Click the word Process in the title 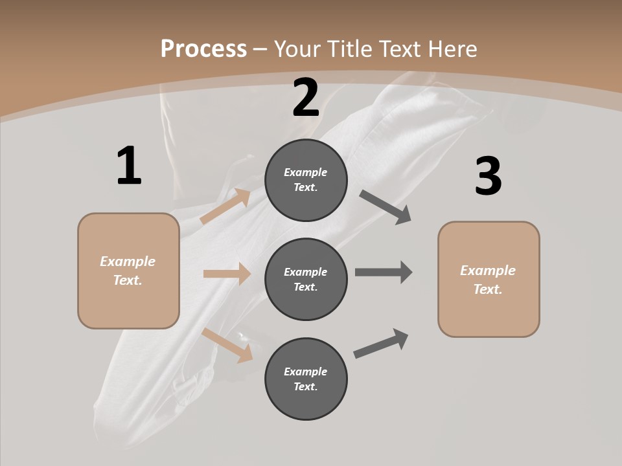[203, 49]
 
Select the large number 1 [129, 166]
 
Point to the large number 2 [306, 98]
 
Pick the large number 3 [488, 176]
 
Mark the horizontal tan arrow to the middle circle [227, 274]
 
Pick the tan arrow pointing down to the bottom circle [227, 344]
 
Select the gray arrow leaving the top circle [386, 207]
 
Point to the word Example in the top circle [305, 172]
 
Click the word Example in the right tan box [488, 271]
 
